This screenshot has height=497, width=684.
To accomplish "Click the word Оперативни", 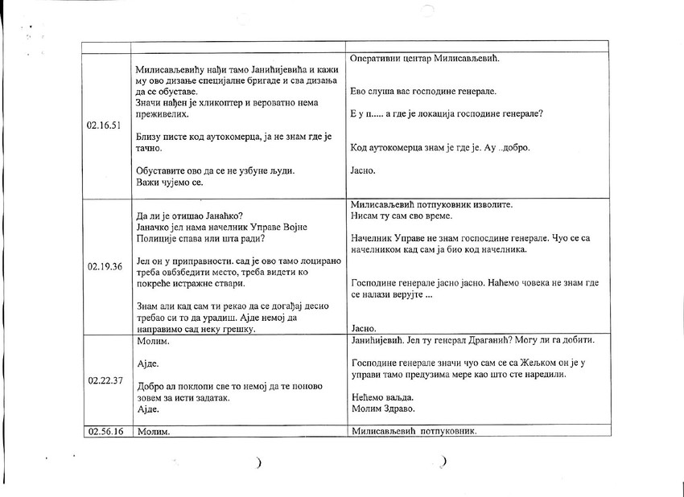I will pyautogui.click(x=377, y=60).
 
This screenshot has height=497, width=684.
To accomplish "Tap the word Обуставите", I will pyautogui.click(x=165, y=171).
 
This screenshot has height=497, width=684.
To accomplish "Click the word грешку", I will pyautogui.click(x=233, y=330).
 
